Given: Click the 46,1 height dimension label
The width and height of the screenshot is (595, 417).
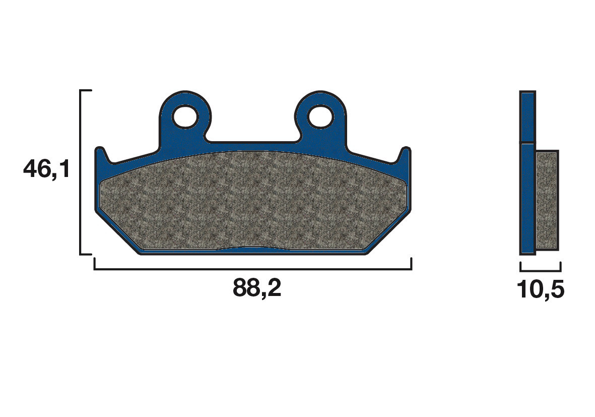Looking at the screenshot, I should pyautogui.click(x=46, y=169).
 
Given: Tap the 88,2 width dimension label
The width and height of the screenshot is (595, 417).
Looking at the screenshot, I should pyautogui.click(x=256, y=289).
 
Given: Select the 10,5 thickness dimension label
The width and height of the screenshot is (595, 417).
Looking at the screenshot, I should pyautogui.click(x=540, y=289).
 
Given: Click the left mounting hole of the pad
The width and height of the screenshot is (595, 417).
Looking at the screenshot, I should pyautogui.click(x=184, y=116).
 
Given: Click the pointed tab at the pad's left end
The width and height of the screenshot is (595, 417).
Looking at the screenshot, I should pyautogui.click(x=100, y=154).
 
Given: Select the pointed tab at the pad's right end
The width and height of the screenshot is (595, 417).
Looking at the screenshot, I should pyautogui.click(x=406, y=154).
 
